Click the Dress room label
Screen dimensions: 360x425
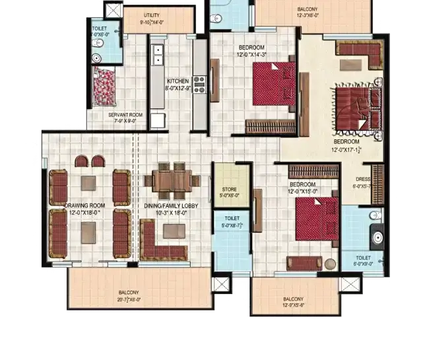click(363, 182)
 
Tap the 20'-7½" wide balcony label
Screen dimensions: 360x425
click(129, 295)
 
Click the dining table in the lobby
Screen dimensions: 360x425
click(172, 178)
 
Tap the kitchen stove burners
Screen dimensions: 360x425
click(199, 85)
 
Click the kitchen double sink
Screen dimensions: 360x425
click(158, 55)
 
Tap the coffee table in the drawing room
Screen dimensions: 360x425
click(89, 227)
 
